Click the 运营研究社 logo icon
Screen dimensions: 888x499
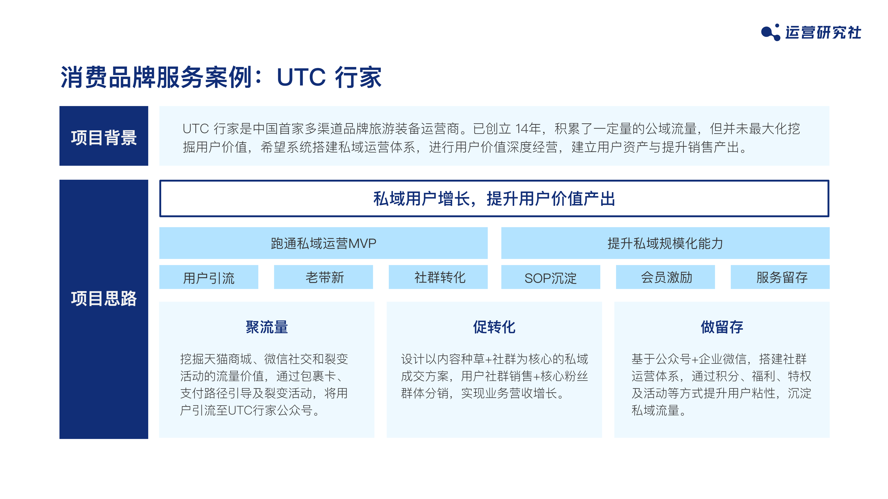[x=771, y=32]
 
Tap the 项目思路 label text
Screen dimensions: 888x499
[x=104, y=298]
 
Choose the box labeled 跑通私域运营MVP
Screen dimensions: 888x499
[x=323, y=243]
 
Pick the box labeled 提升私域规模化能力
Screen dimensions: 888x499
[x=665, y=243]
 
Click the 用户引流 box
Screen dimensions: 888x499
[x=209, y=277]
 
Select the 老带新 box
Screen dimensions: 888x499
[x=323, y=277]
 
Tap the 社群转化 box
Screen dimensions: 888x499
[x=438, y=277]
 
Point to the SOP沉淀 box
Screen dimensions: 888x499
[x=551, y=277]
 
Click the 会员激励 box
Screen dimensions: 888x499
[x=665, y=277]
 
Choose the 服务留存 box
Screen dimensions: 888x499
[x=780, y=277]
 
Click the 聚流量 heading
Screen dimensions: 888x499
[x=267, y=327]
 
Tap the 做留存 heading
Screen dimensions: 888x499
[x=722, y=327]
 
